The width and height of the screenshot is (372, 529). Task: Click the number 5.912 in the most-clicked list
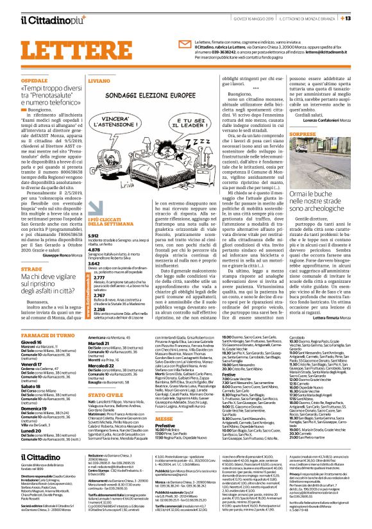click(x=94, y=217)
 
